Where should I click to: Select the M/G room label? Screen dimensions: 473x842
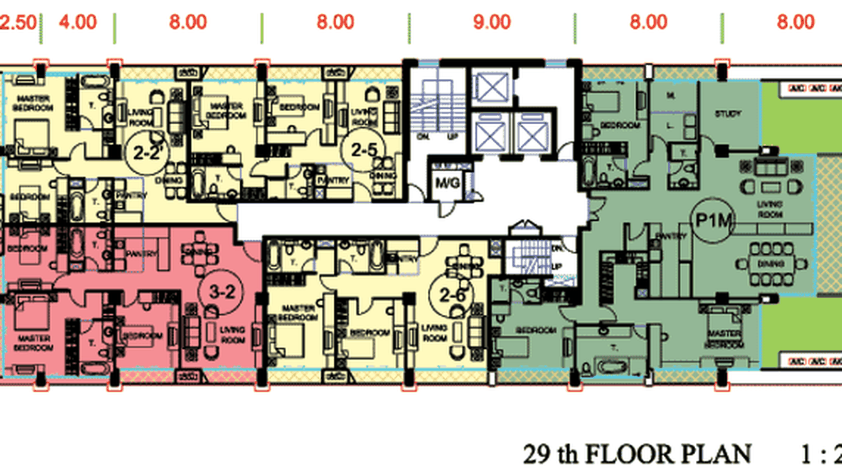point(449,183)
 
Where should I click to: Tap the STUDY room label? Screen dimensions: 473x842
point(727,114)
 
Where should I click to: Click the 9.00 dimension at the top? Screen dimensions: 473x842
point(492,23)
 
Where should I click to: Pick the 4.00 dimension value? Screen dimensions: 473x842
point(78,23)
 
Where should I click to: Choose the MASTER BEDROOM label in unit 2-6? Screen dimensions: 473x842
point(299,313)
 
